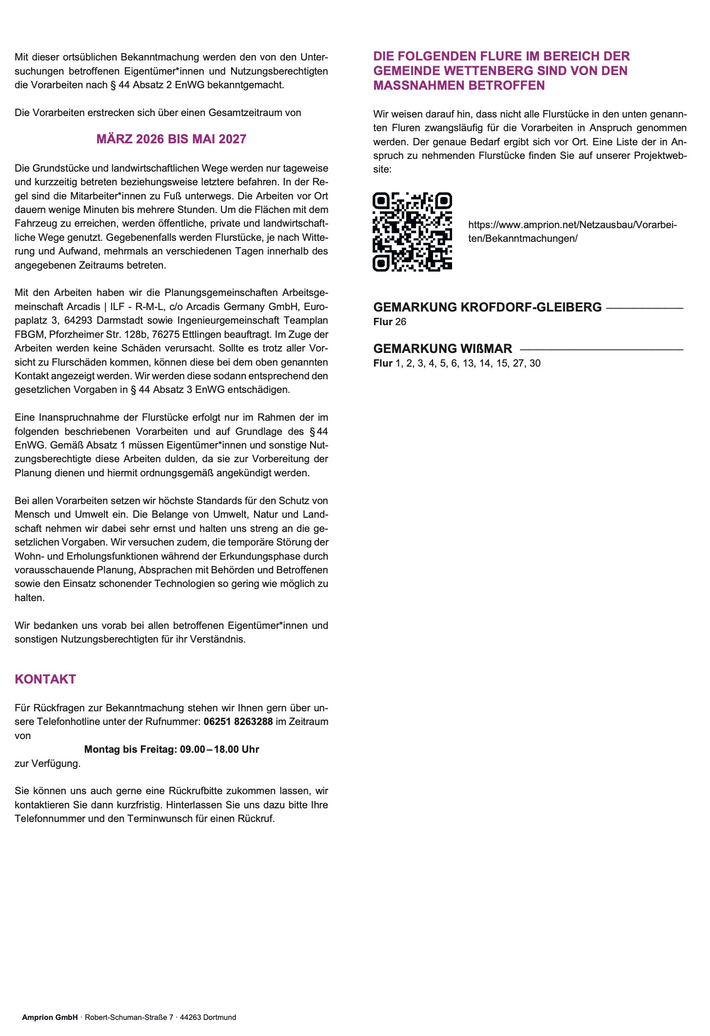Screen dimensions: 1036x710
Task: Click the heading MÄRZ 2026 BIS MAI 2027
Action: pyautogui.click(x=171, y=139)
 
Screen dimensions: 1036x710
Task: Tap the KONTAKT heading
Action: pyautogui.click(x=45, y=679)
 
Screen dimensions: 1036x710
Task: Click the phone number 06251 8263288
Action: pyautogui.click(x=238, y=722)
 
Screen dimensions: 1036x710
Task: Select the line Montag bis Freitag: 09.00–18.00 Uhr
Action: pyautogui.click(x=171, y=749)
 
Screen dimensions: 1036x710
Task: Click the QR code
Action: pyautogui.click(x=412, y=232)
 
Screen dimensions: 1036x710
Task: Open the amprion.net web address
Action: pyautogui.click(x=572, y=232)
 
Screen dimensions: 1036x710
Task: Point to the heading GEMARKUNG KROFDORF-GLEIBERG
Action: pyautogui.click(x=487, y=307)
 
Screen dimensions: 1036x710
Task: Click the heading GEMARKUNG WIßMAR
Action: pyautogui.click(x=442, y=349)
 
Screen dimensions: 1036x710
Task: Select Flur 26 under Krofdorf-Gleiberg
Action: pyautogui.click(x=390, y=322)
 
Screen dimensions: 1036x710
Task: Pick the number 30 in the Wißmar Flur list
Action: pyautogui.click(x=535, y=363)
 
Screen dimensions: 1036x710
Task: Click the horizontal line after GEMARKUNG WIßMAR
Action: pyautogui.click(x=601, y=349)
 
